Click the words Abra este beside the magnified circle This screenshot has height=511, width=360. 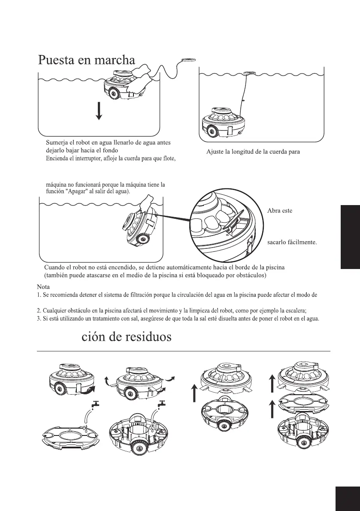tap(280, 211)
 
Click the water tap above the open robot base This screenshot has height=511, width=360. tap(161, 403)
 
